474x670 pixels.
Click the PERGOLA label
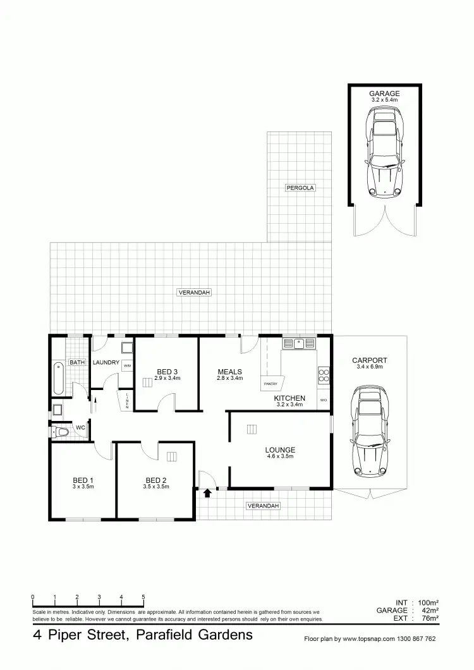tap(300, 188)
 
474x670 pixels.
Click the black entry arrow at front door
tap(207, 494)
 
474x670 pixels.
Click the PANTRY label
tap(270, 384)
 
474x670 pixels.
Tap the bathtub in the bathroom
tap(58, 377)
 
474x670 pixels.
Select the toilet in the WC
tap(61, 431)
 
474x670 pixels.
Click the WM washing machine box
tap(127, 365)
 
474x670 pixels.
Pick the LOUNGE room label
tap(280, 450)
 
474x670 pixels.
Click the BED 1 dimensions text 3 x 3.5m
tap(83, 487)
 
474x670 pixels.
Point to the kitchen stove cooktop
tap(324, 376)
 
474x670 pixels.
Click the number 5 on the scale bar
tap(143, 597)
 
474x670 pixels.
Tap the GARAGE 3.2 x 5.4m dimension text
tap(384, 100)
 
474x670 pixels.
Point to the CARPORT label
tap(370, 360)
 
